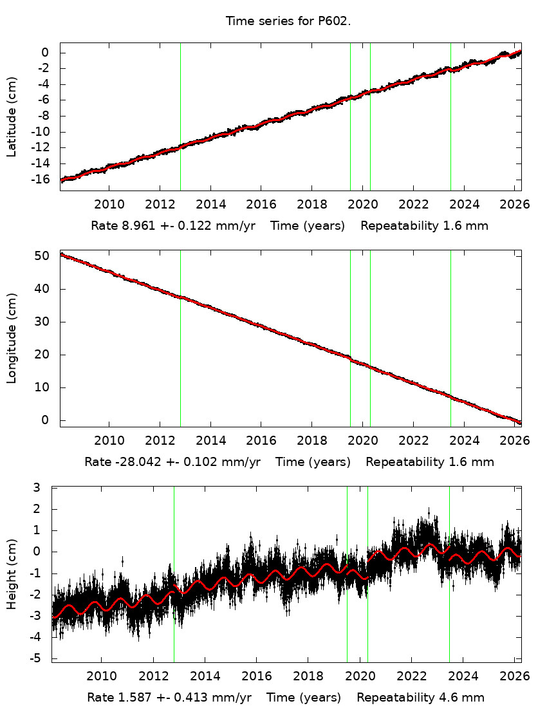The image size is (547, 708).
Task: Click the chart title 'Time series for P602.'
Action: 288,21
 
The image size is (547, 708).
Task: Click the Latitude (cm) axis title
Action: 12,116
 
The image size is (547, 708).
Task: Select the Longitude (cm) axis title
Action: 12,338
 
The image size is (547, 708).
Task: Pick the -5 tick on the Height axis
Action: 41,658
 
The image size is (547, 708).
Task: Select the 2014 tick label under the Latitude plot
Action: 210,205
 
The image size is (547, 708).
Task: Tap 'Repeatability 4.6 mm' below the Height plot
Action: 420,698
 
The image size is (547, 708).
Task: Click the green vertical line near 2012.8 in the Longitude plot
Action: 180,338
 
